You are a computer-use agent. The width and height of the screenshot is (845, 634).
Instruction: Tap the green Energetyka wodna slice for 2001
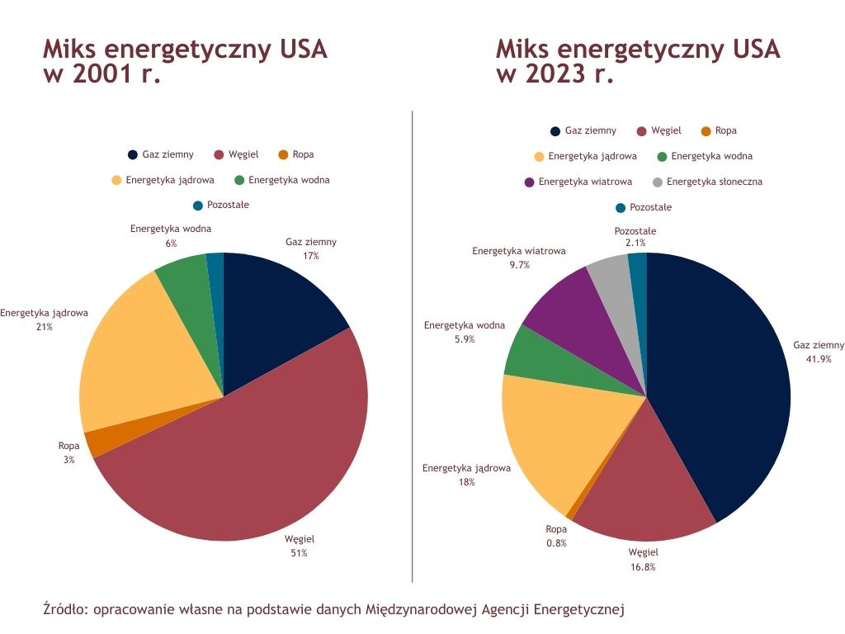(x=184, y=272)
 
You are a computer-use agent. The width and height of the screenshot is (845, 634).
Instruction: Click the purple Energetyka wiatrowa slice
(x=569, y=305)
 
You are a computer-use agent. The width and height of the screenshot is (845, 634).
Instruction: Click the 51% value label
(x=299, y=553)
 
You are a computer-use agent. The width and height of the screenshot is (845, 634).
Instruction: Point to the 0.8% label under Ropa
(x=556, y=542)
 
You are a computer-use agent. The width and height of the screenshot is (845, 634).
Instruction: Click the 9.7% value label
(x=519, y=265)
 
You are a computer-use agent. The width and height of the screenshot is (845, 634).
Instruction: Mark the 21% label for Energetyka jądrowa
(x=44, y=327)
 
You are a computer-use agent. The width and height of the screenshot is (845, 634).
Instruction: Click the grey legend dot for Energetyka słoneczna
(x=657, y=182)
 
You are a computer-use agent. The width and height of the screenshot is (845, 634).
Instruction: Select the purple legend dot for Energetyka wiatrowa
(x=529, y=182)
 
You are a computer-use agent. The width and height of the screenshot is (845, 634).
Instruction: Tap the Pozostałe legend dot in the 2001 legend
(x=198, y=206)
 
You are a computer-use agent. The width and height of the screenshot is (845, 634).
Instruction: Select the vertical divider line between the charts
(x=412, y=347)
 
